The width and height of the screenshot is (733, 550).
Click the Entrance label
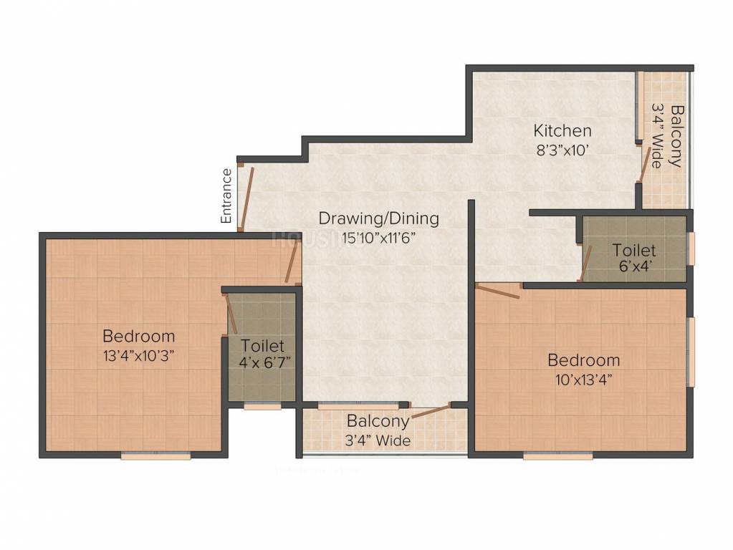click(x=226, y=196)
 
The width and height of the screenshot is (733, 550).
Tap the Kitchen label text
click(x=562, y=130)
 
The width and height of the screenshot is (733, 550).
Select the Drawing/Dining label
click(x=378, y=218)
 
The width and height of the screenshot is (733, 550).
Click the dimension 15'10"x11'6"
click(x=378, y=238)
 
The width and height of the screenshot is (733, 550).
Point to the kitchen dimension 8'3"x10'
click(x=562, y=150)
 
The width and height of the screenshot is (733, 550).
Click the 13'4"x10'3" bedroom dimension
click(x=138, y=356)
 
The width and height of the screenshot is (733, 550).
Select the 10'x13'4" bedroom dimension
click(x=584, y=380)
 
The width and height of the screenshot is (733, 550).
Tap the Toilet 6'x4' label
click(x=634, y=257)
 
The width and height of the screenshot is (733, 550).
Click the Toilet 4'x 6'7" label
click(x=263, y=353)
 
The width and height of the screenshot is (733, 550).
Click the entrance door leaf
click(x=246, y=198)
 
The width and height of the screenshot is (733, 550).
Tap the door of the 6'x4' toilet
click(x=585, y=263)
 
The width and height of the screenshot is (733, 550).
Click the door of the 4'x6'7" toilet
click(x=232, y=314)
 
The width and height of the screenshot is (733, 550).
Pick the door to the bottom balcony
click(x=430, y=412)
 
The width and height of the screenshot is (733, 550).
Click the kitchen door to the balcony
click(x=644, y=163)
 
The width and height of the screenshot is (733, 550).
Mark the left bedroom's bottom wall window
click(x=155, y=455)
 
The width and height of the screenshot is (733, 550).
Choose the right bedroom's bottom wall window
click(x=558, y=455)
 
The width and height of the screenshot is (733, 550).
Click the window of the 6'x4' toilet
click(x=691, y=248)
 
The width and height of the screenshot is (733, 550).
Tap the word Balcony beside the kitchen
click(x=676, y=136)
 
